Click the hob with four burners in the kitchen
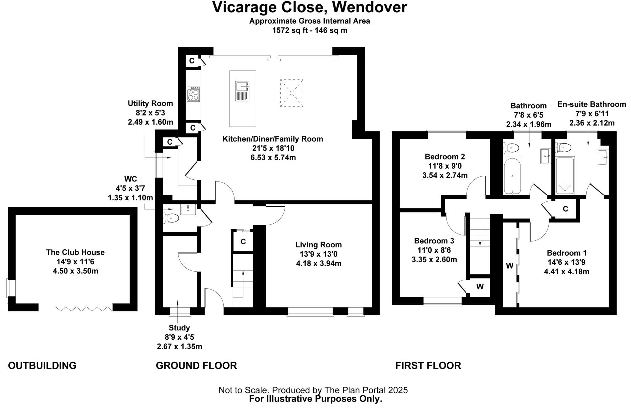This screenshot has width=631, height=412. click(193, 94)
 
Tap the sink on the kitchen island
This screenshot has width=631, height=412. click(242, 91)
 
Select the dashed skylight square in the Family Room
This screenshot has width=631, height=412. click(291, 93)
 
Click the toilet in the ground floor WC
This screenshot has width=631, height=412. click(172, 218)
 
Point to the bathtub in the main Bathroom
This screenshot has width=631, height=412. click(512, 176)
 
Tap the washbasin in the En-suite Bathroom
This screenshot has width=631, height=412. click(603, 157)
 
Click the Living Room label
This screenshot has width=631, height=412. click(318, 245)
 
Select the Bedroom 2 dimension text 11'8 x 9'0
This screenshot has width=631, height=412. click(445, 166)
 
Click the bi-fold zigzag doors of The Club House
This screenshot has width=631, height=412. click(84, 308)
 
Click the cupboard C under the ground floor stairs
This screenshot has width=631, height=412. click(243, 242)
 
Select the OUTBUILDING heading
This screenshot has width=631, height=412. click(42, 366)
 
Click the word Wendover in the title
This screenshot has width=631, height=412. click(369, 7)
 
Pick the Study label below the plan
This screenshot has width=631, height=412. click(179, 328)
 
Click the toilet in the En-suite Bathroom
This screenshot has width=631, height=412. click(564, 148)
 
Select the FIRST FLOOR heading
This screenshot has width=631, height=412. click(428, 366)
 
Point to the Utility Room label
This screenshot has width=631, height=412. click(150, 103)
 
